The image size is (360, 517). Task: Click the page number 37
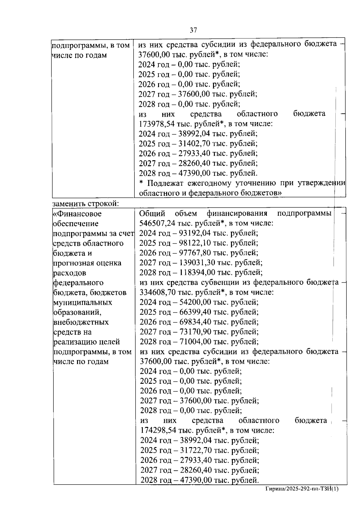pos(193,30)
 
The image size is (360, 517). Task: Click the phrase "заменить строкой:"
pos(86,204)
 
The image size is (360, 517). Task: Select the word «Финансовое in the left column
pos(77,214)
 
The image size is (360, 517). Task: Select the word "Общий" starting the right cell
pos(152,214)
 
